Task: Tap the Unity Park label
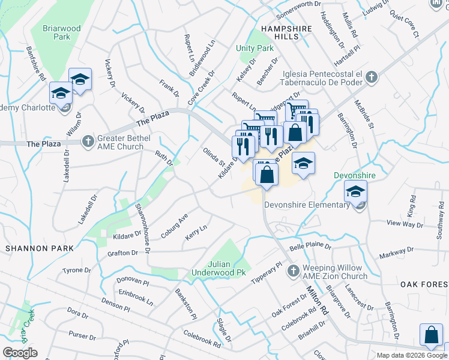tap(255, 48)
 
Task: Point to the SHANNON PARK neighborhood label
tap(40, 248)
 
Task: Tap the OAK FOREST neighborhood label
tap(424, 283)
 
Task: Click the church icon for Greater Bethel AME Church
tap(88, 141)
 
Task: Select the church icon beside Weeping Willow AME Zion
tap(293, 271)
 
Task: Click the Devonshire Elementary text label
tap(307, 205)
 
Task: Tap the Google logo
tap(20, 353)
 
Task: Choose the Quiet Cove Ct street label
tap(403, 23)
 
